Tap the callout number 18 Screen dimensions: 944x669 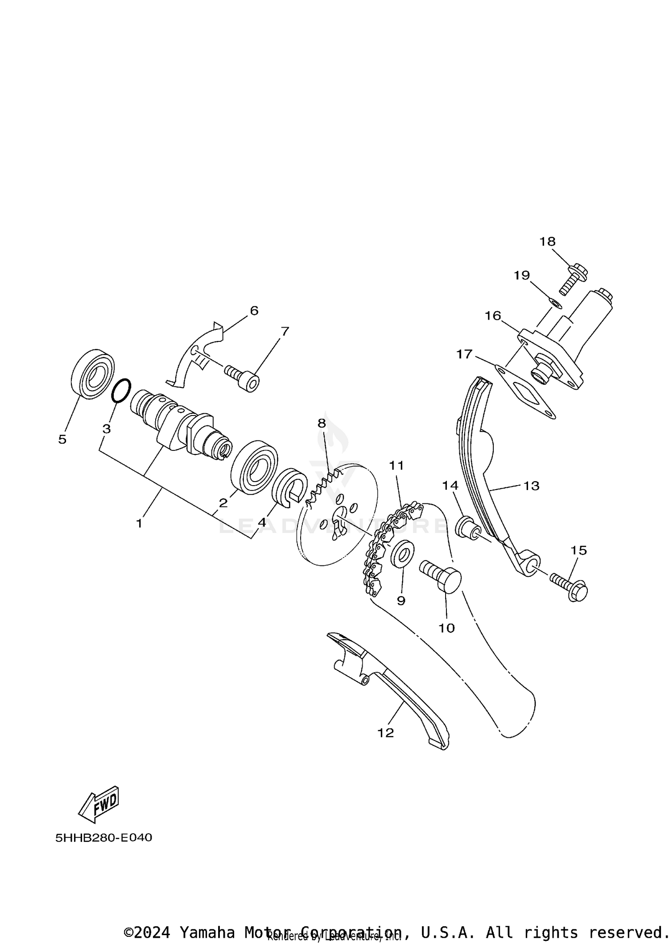coord(547,241)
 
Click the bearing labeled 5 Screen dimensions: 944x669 coord(92,374)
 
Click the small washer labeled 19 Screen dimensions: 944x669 coord(553,303)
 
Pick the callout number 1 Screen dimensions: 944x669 coord(139,523)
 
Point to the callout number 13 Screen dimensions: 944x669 coord(531,485)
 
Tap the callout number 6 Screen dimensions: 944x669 coord(254,310)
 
